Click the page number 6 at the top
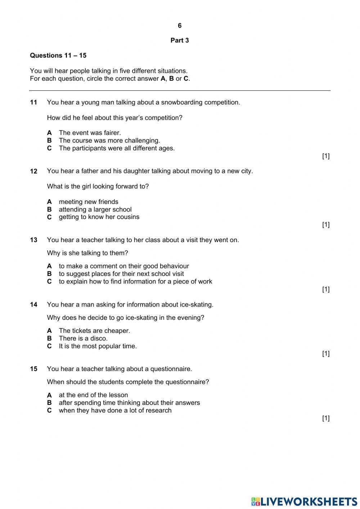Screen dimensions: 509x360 [180, 26]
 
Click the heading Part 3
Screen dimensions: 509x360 [180, 40]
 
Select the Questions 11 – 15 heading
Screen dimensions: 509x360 [58, 55]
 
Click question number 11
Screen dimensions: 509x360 [33, 102]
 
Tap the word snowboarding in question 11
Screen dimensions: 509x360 [182, 102]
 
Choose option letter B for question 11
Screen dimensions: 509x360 [49, 140]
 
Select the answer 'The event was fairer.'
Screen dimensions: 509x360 [90, 133]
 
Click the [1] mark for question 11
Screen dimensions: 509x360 [325, 156]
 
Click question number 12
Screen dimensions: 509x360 [33, 171]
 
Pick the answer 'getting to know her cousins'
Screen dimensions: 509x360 [99, 217]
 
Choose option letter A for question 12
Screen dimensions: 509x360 [49, 202]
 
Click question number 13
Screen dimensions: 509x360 [33, 240]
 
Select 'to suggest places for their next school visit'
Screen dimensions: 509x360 [121, 274]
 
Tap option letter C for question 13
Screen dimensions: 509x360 [49, 282]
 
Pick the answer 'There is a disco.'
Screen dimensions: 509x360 [83, 338]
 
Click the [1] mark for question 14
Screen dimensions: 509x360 [325, 353]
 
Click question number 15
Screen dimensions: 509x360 [33, 369]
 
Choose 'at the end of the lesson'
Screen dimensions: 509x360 [93, 395]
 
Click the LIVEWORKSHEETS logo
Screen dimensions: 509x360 [304, 501]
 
